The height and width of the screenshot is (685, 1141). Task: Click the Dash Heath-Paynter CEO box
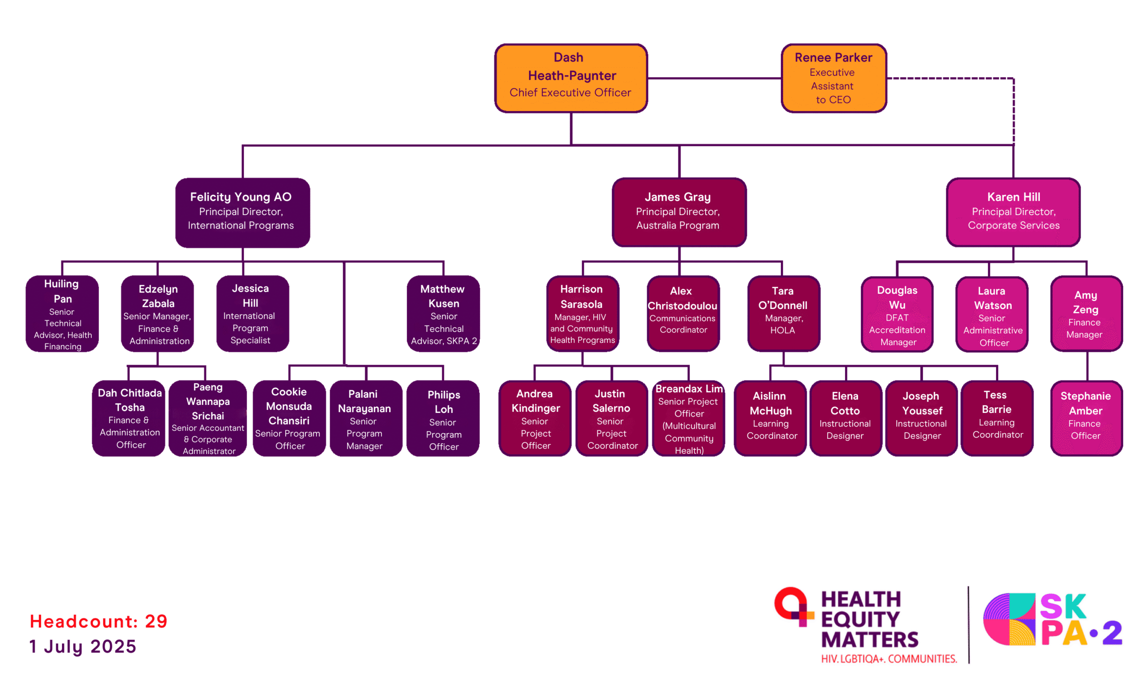point(570,78)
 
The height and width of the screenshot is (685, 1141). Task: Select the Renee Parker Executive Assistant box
point(833,78)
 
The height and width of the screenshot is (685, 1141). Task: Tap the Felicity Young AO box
point(242,212)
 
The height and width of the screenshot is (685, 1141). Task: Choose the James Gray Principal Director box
point(678,212)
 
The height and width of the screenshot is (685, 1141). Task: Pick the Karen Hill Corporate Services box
point(1013,212)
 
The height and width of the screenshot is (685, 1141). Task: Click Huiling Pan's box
point(62,314)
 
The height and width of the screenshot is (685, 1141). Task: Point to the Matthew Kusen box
point(443,314)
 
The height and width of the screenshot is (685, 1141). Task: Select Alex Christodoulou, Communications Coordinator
point(682,314)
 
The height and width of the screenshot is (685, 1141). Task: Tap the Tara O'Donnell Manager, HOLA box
point(783,314)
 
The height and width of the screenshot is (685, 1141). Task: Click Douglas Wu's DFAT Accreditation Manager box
point(897,314)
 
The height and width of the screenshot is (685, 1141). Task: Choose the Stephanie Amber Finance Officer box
point(1086,418)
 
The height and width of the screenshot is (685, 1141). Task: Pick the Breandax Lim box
point(688,418)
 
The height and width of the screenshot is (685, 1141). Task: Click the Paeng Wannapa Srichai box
point(208,418)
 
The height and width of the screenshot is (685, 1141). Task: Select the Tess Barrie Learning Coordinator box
point(996,418)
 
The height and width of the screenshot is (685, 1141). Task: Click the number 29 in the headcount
point(156,621)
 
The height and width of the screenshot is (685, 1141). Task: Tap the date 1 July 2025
point(83,646)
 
